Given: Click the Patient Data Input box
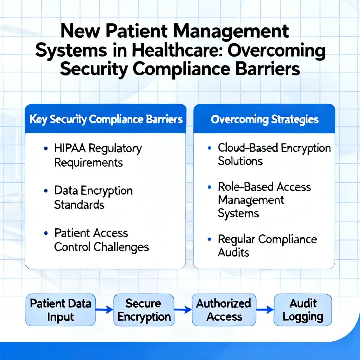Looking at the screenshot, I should (60, 310).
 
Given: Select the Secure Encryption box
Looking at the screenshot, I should (144, 310).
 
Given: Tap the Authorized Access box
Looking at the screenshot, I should (224, 310).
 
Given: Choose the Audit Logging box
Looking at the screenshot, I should (303, 310).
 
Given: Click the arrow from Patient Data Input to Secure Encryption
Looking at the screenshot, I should (104, 310).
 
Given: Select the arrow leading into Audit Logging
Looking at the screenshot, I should (265, 310).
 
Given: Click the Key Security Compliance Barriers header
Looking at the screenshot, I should (106, 119).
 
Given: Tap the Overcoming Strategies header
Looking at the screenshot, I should (264, 119).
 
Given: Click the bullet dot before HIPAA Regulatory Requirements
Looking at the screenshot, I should (46, 149).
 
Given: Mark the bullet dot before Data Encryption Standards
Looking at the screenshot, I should (46, 191).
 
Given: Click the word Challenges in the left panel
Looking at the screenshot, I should (121, 247).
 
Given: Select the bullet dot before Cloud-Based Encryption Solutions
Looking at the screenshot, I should (210, 148).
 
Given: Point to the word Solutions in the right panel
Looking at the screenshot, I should (240, 161).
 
